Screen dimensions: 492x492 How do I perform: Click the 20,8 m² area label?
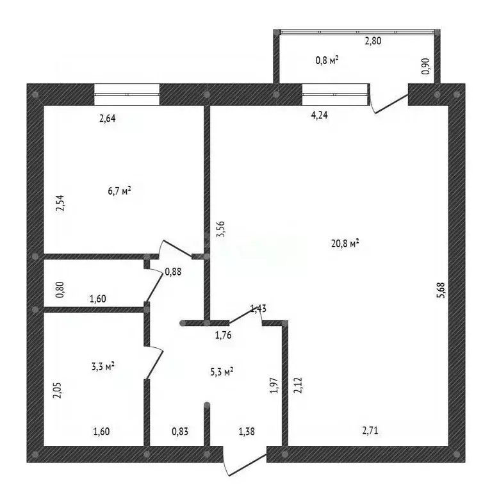coord(345,243)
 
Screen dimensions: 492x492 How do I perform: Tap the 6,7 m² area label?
coord(119,190)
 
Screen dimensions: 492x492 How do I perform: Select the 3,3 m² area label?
coord(103,366)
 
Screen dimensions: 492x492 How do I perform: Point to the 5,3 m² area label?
coord(222,372)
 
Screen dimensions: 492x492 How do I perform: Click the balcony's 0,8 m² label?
coord(327,60)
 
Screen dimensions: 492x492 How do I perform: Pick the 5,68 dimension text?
coord(441,290)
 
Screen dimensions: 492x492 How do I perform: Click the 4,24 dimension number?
coord(320,115)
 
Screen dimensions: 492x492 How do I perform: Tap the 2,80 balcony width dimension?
coord(373,41)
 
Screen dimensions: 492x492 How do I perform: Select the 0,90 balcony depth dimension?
coord(426,66)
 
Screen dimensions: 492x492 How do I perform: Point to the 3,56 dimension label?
coord(221,229)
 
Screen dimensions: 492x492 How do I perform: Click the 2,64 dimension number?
coord(108,119)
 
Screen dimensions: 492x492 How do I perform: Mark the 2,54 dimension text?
coord(60,203)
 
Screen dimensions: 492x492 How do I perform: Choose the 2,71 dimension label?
coord(370,430)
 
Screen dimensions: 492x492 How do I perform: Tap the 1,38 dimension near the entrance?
coord(247,432)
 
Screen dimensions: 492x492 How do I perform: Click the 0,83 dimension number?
coord(180,431)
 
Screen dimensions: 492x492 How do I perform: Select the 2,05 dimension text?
coord(58,390)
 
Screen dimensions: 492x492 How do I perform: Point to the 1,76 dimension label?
coord(223,335)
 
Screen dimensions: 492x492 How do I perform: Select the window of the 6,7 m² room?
coord(127,94)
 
